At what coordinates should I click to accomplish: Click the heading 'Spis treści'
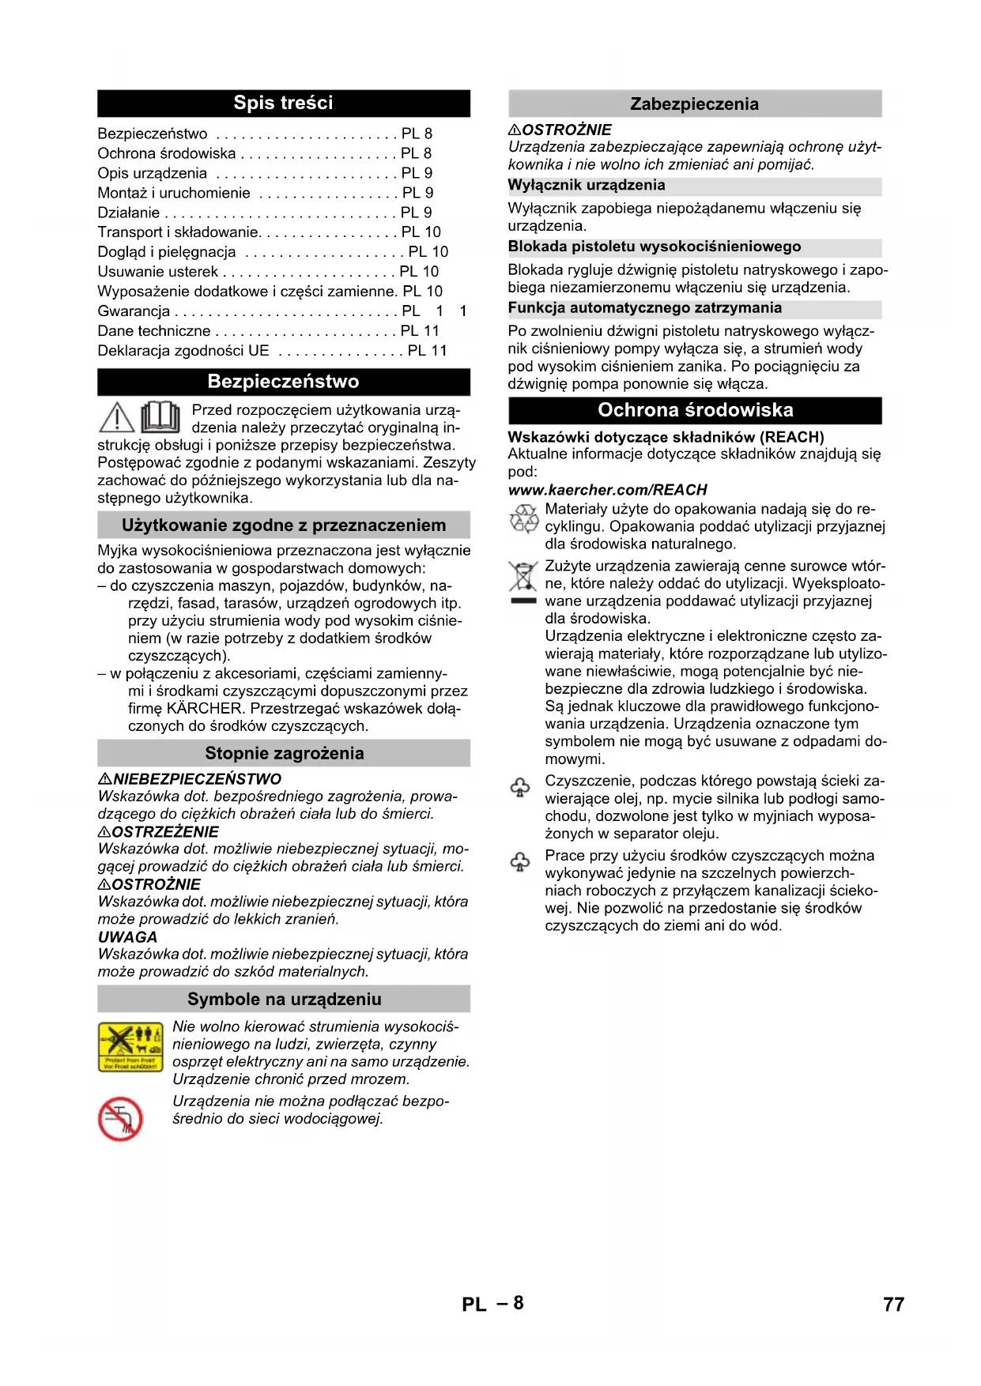coord(283,103)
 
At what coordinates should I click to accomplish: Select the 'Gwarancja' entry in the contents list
coord(134,311)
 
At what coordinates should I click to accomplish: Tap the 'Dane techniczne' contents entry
coord(154,331)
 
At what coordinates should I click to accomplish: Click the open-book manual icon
coord(160,416)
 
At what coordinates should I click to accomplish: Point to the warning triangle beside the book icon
coord(117,417)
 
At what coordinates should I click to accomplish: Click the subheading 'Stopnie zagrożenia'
coord(284,753)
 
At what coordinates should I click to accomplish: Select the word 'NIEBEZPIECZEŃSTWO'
coord(197,779)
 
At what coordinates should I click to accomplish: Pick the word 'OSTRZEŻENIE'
coord(165,832)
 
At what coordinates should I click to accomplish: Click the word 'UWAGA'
coord(127,937)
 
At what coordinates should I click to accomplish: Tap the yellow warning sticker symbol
coord(130,1047)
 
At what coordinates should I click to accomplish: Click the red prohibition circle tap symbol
coord(120,1119)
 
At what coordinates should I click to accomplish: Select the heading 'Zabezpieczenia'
coord(694,104)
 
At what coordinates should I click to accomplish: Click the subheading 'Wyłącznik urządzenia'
coord(587,186)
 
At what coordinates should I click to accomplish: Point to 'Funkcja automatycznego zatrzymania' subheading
coord(645,308)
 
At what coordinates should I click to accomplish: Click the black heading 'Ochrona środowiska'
coord(695,410)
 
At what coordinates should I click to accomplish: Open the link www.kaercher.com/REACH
coord(607,490)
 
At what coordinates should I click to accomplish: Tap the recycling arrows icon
coord(523,518)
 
